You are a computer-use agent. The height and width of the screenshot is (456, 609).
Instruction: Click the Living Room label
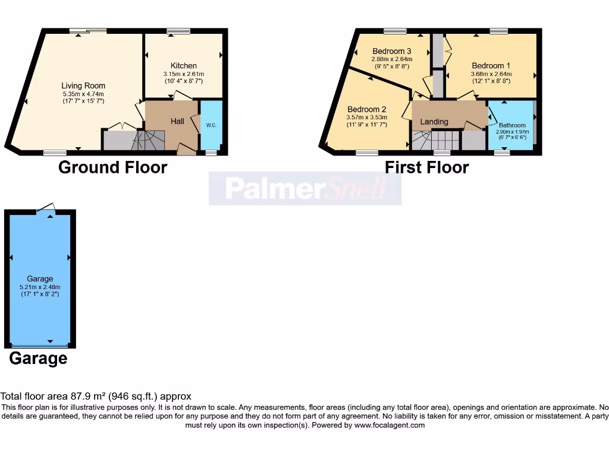coord(83,86)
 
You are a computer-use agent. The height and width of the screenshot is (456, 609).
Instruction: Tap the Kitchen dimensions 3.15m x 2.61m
coord(183,74)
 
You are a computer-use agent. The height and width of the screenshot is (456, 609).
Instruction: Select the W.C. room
coord(211,125)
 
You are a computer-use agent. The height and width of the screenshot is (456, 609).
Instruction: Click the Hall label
coord(177,121)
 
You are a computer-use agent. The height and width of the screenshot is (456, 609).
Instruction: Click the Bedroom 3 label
coord(392,51)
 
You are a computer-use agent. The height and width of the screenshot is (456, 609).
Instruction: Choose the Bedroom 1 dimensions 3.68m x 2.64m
coord(491,74)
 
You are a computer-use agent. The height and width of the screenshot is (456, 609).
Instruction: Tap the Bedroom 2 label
coord(367,109)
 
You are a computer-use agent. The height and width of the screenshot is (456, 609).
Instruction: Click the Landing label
coord(434,122)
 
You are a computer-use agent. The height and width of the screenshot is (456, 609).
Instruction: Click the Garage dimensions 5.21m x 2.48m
coord(40,287)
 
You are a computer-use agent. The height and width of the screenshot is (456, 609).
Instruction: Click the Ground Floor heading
coord(112,167)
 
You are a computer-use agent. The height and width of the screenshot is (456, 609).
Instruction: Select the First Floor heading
coord(426,167)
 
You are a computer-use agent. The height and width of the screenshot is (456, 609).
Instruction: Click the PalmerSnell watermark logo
coord(304,189)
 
